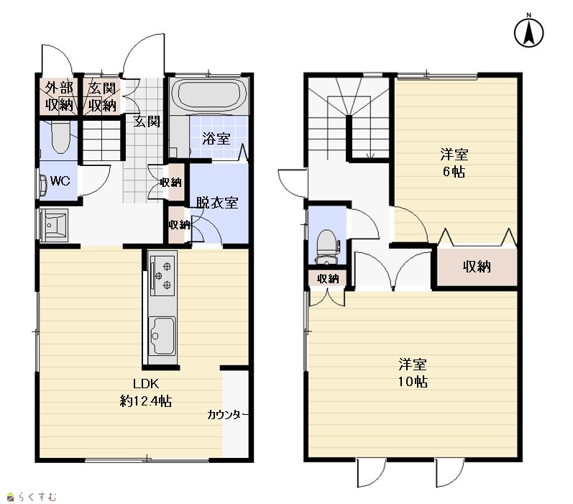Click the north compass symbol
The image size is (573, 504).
(x=528, y=32)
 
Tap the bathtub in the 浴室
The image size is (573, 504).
(x=209, y=95)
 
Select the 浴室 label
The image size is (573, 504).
(x=216, y=139)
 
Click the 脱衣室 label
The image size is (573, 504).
(x=217, y=203)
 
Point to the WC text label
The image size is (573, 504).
(x=60, y=181)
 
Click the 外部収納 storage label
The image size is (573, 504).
(x=60, y=97)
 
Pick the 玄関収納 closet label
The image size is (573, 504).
(x=102, y=97)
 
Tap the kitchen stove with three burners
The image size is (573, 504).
(x=162, y=276)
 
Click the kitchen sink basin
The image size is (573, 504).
(x=162, y=336)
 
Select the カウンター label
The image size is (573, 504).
(x=228, y=415)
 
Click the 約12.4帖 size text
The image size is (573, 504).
(x=146, y=401)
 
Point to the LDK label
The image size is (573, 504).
(x=146, y=384)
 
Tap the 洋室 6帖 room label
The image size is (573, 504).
(x=454, y=162)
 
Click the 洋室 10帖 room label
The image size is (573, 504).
(x=413, y=373)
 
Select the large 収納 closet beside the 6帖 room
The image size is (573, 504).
(x=477, y=267)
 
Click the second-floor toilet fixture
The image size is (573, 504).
(x=326, y=247)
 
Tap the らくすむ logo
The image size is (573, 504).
(x=32, y=497)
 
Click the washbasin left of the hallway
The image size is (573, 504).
(x=53, y=225)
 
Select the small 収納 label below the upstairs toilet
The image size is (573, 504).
(x=328, y=279)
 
